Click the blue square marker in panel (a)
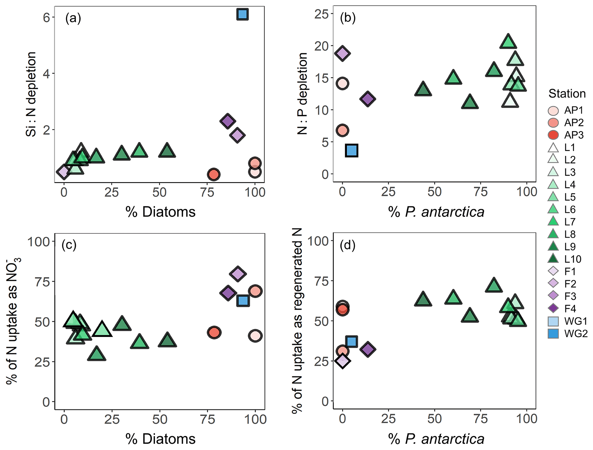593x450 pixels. pos(242,14)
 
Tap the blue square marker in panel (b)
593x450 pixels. pos(352,150)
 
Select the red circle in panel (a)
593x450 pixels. pos(213,174)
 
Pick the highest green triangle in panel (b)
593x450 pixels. pos(508,42)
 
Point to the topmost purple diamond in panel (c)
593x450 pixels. pos(238,273)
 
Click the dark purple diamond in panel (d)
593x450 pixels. pos(368,349)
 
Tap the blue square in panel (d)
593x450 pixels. pos(352,341)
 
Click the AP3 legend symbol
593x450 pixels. pos(553,135)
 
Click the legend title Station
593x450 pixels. pos(567,93)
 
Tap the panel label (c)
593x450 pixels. pos(69,245)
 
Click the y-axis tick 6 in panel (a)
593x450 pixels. pos(46,18)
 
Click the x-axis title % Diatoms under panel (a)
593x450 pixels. pos(160,212)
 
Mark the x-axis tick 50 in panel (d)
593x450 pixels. pos(434,419)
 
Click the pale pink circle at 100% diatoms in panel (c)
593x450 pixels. pos(255,336)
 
